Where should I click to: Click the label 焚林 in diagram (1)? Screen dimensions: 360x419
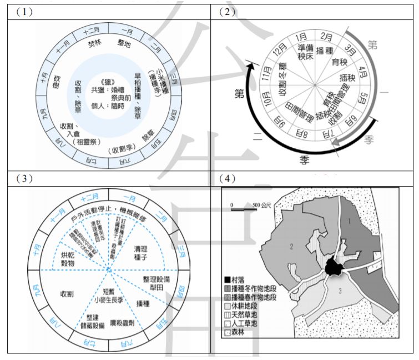(94, 42)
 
